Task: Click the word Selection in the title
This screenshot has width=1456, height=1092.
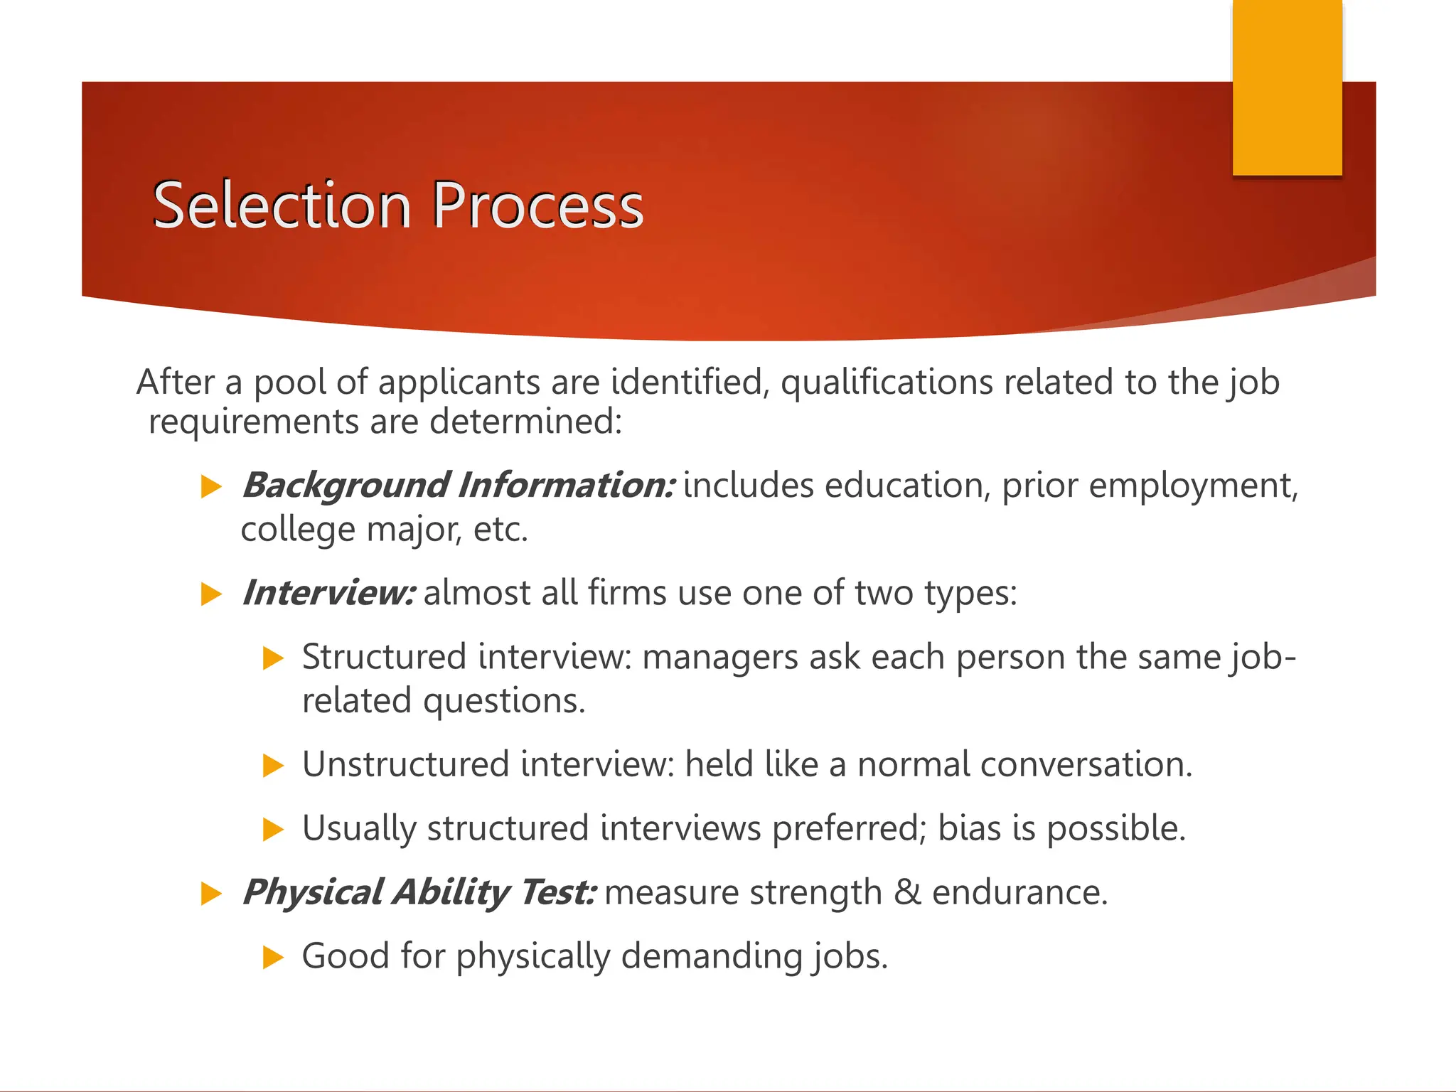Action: click(282, 205)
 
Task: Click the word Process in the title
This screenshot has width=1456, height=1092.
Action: click(537, 205)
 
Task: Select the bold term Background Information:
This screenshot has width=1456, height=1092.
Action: click(458, 486)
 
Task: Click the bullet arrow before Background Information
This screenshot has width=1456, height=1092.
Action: click(211, 487)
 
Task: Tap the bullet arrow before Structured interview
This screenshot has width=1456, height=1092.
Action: click(273, 658)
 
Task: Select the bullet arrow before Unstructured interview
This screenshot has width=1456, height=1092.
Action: click(273, 766)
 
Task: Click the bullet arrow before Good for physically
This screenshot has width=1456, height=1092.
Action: click(273, 957)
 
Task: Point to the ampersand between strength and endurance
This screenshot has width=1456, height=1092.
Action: click(907, 892)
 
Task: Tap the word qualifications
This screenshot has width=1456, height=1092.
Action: click(887, 383)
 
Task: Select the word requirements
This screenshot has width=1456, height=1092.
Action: click(253, 422)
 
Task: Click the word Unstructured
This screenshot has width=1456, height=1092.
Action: click(406, 765)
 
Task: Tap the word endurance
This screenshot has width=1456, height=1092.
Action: click(1019, 892)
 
